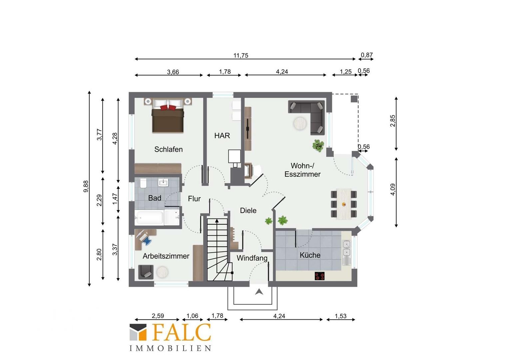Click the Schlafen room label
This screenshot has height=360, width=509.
[168, 149]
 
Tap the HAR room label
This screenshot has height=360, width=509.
[222, 136]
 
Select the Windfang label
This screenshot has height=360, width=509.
[252, 258]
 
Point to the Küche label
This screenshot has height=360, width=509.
[310, 255]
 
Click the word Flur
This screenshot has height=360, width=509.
[194, 199]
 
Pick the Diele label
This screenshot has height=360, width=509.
[248, 211]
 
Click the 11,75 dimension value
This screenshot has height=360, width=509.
[241, 55]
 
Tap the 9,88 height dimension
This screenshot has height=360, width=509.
[86, 186]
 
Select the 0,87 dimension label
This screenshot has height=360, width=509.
[367, 55]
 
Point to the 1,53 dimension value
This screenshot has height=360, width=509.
[341, 316]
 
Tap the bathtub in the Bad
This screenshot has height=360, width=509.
[149, 218]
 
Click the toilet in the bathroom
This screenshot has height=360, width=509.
[143, 183]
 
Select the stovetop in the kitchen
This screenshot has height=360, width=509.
[319, 276]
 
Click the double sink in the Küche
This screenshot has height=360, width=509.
[346, 248]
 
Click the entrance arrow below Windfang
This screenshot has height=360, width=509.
[259, 292]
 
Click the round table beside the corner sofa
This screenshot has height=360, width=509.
[300, 124]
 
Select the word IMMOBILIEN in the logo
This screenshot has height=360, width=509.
[170, 348]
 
